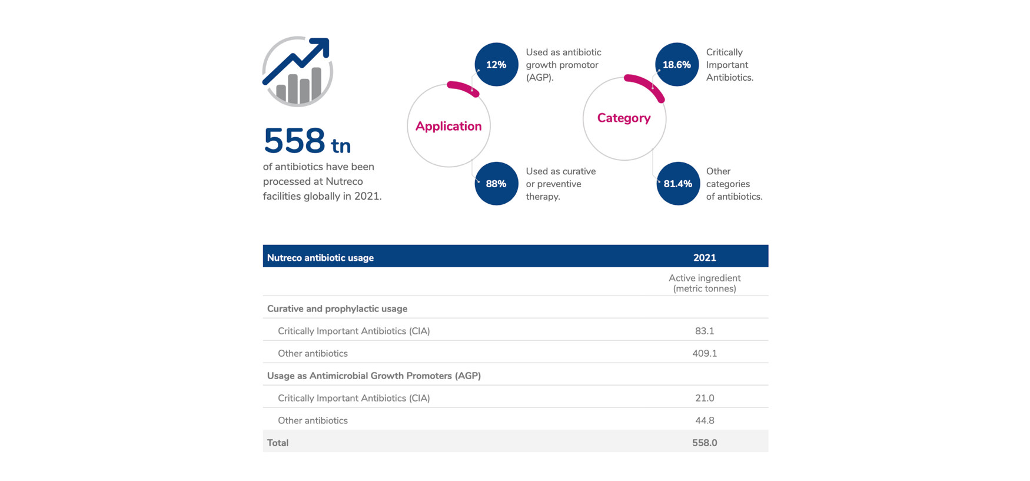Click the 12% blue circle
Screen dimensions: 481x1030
tap(496, 65)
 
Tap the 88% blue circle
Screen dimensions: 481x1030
tap(496, 184)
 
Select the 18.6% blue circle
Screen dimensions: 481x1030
tap(677, 65)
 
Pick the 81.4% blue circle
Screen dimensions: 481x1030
tap(677, 184)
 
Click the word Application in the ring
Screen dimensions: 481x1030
tap(448, 126)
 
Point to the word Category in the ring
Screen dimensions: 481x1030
tap(624, 118)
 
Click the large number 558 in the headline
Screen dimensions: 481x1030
tap(294, 141)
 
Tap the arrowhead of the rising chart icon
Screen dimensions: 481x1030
tap(321, 46)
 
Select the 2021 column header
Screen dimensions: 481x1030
tap(705, 258)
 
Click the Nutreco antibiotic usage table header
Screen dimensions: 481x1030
tap(320, 258)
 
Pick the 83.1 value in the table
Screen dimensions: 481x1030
tap(705, 331)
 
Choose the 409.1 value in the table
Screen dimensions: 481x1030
tap(705, 353)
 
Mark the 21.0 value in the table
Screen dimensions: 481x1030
tap(705, 398)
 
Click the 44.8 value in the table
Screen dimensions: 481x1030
tap(705, 420)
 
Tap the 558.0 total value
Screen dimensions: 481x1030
tap(705, 443)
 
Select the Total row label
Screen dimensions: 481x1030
tap(278, 443)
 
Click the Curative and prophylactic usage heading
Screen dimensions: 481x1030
tap(337, 308)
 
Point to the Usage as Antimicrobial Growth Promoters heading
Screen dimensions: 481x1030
tap(374, 376)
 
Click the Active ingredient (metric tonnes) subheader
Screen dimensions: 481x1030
tap(705, 283)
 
